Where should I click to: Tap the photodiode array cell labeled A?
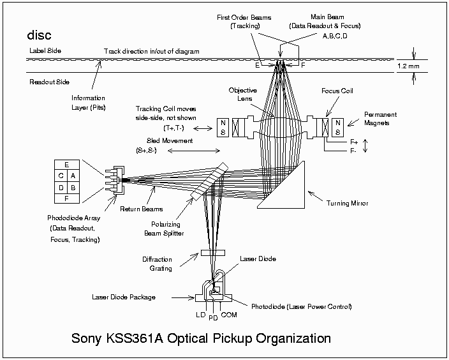(73, 176)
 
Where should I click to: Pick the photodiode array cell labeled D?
(61, 188)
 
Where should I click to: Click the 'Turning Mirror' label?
(347, 204)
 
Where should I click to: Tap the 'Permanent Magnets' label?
(381, 119)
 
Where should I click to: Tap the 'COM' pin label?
(229, 316)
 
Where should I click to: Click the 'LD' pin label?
(200, 316)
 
